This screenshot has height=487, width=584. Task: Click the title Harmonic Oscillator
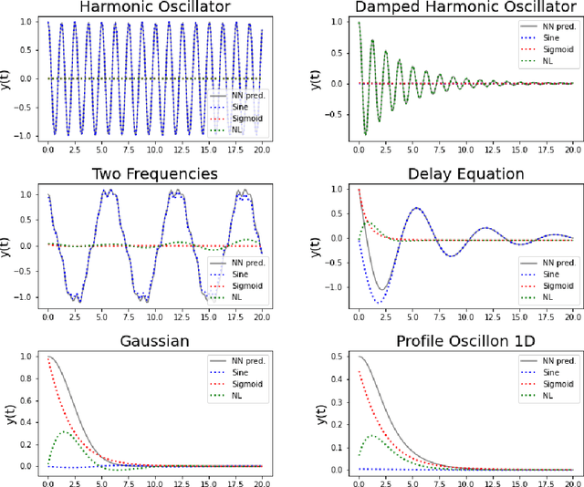[153, 8]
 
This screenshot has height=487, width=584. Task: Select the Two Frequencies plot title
[153, 173]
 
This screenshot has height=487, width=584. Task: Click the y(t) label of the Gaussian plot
[8, 409]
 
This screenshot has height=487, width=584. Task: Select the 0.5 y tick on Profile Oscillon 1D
[337, 357]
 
